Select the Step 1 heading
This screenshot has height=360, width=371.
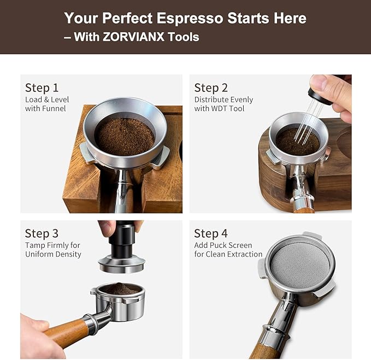pos(42,88)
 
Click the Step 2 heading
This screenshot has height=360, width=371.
pos(210,88)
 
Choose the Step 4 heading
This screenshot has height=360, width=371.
pos(210,233)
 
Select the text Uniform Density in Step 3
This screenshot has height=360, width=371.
pos(53,254)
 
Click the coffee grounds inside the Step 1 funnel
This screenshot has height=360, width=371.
pos(125,136)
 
